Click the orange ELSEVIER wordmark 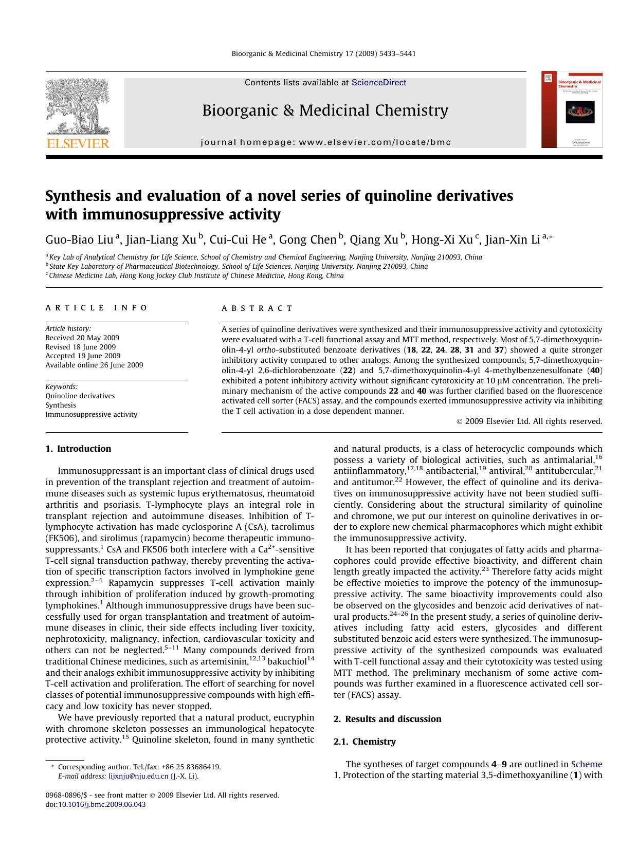point(78,143)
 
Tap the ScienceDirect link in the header point(379,83)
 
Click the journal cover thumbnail point(572,109)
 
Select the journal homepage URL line point(325,142)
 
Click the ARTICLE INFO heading point(96,308)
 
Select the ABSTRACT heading point(257,308)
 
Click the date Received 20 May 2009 point(82,338)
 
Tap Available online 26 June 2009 point(94,365)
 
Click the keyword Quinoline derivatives point(80,396)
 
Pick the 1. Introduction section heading point(78,449)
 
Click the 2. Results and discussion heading point(387,719)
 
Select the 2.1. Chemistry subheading point(364,742)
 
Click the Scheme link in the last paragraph point(587,764)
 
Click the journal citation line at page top point(323,53)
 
